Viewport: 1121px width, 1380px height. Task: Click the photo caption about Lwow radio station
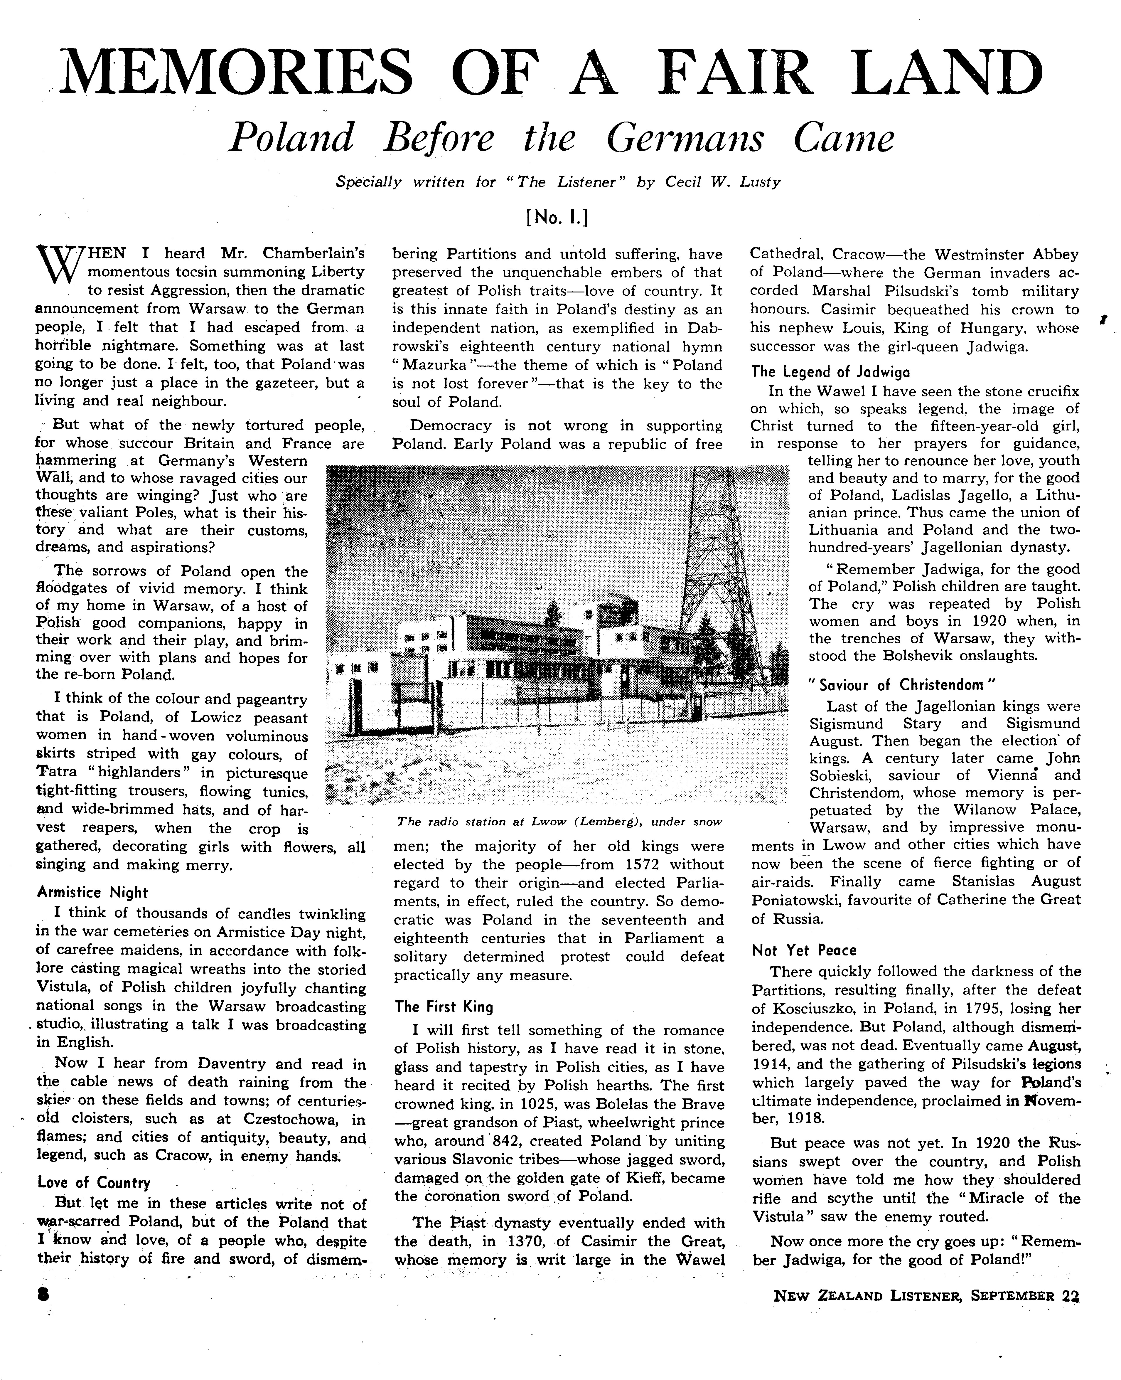coord(559,822)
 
